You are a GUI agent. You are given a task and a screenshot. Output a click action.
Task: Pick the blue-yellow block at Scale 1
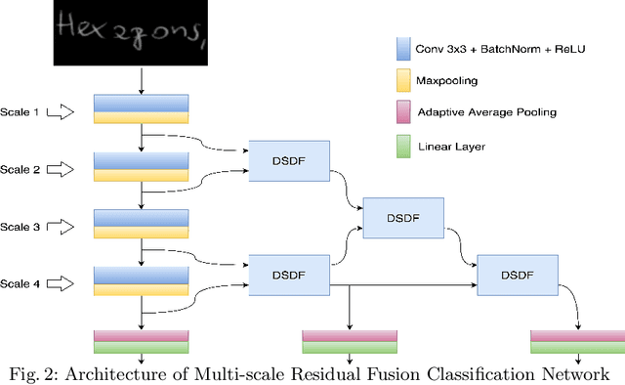[x=141, y=109]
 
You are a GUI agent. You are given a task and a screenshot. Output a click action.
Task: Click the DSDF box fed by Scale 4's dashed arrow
[x=289, y=274]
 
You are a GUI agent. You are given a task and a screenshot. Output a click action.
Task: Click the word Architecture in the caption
[x=128, y=373]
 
